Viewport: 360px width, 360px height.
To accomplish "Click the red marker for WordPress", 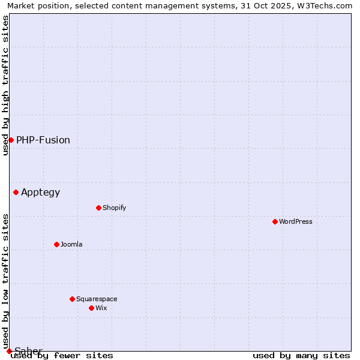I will tap(275, 221).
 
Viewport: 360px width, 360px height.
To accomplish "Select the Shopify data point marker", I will tap(99, 208).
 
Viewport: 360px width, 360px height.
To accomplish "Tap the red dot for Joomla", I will tap(57, 244).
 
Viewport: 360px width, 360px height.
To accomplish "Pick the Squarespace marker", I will tap(73, 299).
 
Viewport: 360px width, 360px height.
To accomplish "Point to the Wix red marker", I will tap(92, 308).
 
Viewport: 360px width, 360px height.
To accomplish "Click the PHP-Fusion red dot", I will tap(11, 140).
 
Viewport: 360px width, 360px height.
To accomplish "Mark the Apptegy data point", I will tap(16, 192).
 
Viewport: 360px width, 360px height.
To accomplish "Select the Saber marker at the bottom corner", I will tap(9, 351).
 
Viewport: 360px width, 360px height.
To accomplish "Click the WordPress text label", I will tap(296, 221).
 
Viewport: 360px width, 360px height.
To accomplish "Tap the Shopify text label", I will tap(115, 208).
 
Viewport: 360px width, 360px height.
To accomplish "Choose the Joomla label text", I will tap(71, 244).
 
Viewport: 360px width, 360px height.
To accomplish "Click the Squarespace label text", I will tap(97, 299).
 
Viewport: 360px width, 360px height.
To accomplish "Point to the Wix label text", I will tap(101, 308).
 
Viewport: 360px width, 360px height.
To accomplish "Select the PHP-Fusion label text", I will tap(43, 140).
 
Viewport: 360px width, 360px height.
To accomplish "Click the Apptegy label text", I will tap(41, 192).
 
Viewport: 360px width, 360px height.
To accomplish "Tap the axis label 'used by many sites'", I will tap(301, 355).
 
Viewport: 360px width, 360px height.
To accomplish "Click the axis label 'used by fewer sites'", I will tap(62, 355).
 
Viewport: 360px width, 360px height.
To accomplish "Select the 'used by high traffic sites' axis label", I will tap(5, 85).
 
